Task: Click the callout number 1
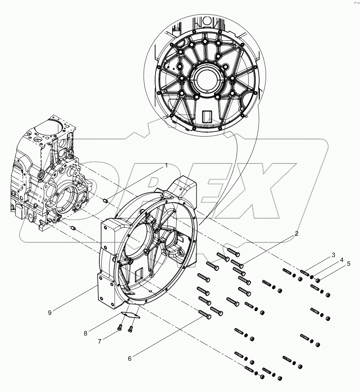[x=165, y=165]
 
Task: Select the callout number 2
[x=296, y=233]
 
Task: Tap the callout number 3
[x=333, y=255]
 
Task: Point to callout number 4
[x=342, y=260]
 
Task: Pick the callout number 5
[x=349, y=264]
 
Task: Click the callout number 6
[x=130, y=359]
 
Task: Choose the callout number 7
[x=100, y=341]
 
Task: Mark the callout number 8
[x=86, y=333]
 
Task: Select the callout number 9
[x=50, y=312]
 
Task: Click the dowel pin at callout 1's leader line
[x=105, y=201]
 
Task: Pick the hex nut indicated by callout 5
[x=318, y=281]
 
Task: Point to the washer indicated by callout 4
[x=311, y=277]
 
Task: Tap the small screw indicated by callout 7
[x=120, y=328]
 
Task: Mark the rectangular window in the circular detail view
[x=206, y=116]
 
